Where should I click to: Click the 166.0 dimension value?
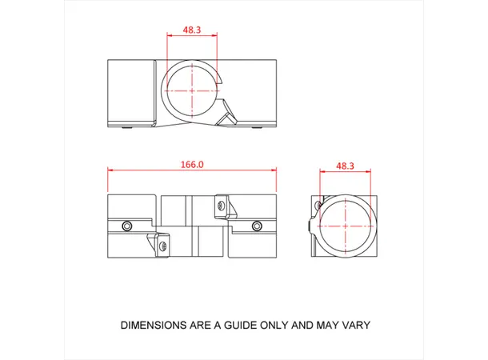pyautogui.click(x=192, y=164)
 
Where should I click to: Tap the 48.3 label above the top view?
pyautogui.click(x=192, y=30)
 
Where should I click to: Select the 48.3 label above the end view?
pyautogui.click(x=345, y=166)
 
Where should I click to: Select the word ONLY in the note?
pyautogui.click(x=274, y=325)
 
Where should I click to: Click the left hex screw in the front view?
pyautogui.click(x=127, y=226)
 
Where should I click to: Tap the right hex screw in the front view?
pyautogui.click(x=257, y=226)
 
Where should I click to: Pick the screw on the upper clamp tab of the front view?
pyautogui.click(x=222, y=206)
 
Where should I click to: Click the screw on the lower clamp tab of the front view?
pyautogui.click(x=164, y=246)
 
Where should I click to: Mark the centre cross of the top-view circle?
pyautogui.click(x=192, y=91)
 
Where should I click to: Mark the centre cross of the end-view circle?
pyautogui.click(x=346, y=226)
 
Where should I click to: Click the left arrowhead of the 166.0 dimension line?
pyautogui.click(x=110, y=170)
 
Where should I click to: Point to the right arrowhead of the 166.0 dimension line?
pyautogui.click(x=274, y=170)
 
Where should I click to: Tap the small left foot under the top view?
pyautogui.click(x=126, y=127)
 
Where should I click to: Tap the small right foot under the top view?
pyautogui.click(x=257, y=127)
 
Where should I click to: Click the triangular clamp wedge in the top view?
pyautogui.click(x=227, y=114)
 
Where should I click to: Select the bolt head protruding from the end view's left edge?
pyautogui.click(x=310, y=226)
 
